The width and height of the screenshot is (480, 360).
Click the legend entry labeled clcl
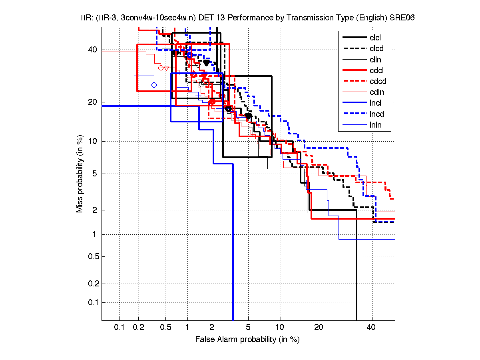[375, 38]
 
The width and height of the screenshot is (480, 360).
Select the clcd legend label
[375, 49]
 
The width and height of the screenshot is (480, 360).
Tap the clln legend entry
[375, 60]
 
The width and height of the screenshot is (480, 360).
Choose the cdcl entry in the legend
[376, 70]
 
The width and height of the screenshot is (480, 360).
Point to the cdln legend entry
[375, 92]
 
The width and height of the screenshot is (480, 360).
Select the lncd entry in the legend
[375, 114]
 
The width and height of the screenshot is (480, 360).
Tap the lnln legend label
[375, 125]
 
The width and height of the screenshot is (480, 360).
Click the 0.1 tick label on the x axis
[120, 328]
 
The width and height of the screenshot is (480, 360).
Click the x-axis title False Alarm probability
[247, 340]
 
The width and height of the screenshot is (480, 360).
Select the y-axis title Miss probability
[80, 174]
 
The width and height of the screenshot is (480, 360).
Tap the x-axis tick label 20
[319, 328]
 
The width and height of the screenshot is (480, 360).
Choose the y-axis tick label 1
[95, 234]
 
